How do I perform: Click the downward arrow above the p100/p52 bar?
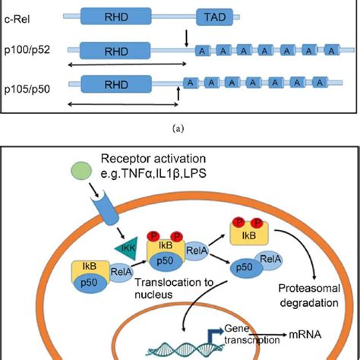(x=187, y=37)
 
